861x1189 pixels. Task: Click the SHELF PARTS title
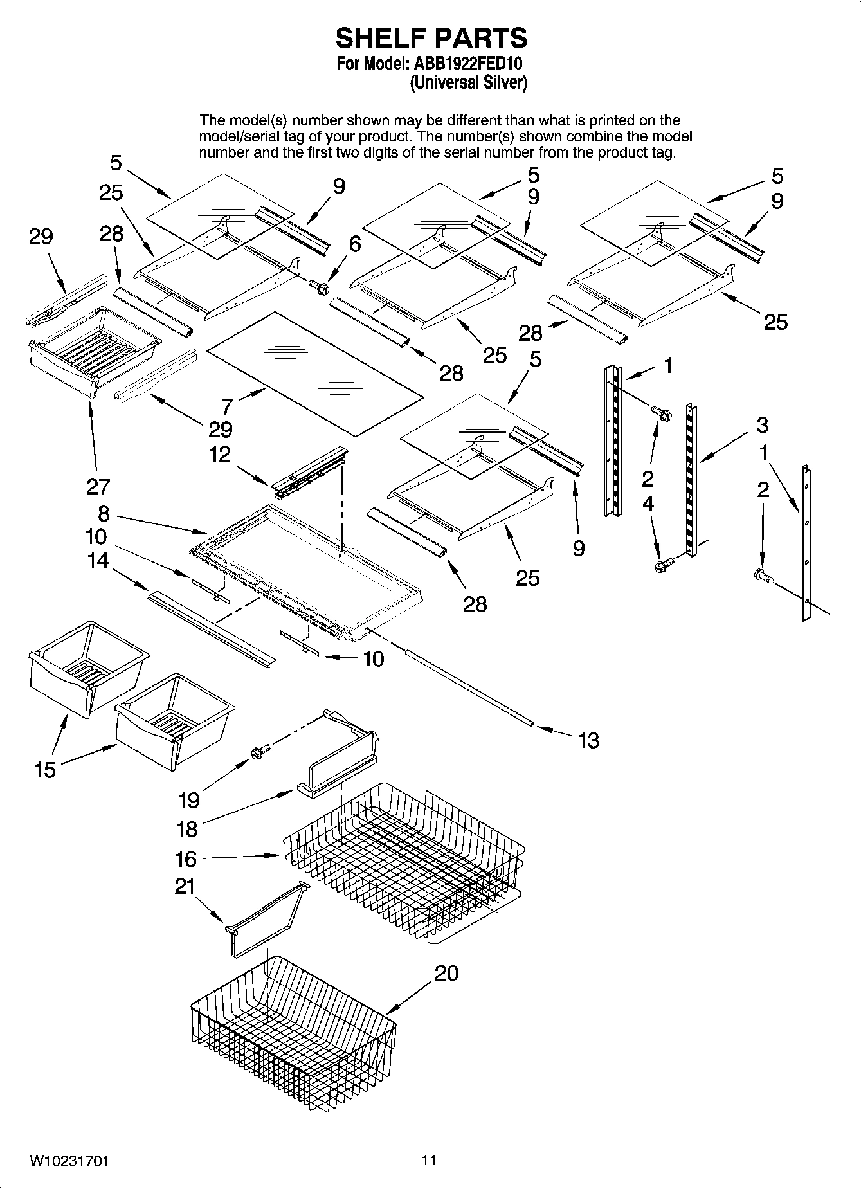(431, 39)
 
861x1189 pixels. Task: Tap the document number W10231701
(69, 1161)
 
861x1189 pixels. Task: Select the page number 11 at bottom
(429, 1160)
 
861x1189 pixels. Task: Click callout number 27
(98, 487)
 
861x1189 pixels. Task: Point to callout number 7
(227, 406)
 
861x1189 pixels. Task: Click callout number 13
(588, 740)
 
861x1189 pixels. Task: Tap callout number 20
(446, 973)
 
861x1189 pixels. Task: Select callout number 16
(186, 859)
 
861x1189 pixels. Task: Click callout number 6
(355, 244)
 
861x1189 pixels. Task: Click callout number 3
(762, 424)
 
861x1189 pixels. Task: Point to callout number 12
(221, 454)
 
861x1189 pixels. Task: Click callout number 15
(45, 770)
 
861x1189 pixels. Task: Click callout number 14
(98, 561)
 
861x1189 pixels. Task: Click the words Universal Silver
(469, 82)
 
